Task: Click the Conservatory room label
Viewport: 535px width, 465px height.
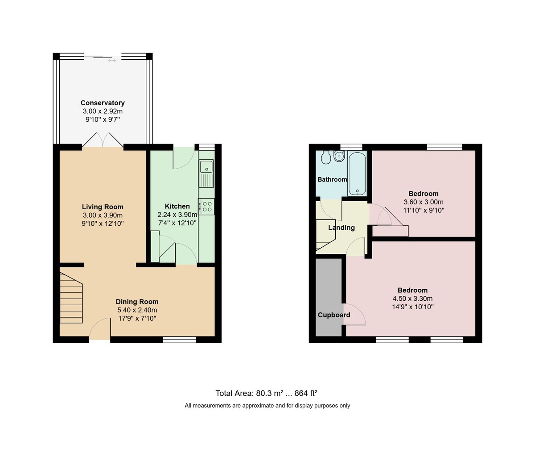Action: (103, 103)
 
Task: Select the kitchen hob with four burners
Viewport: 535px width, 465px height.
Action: (206, 206)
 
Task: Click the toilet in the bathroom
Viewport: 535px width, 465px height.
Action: (325, 157)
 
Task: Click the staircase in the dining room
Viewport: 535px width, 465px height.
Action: (71, 298)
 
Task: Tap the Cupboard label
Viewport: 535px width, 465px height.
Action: (334, 315)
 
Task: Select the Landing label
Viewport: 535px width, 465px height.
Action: (342, 228)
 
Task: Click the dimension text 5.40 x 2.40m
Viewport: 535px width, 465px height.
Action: (137, 310)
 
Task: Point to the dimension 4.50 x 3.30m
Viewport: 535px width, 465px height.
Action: (412, 299)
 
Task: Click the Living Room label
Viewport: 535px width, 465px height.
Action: (103, 207)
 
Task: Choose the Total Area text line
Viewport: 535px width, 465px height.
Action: (267, 393)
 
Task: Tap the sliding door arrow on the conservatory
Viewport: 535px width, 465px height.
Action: (112, 60)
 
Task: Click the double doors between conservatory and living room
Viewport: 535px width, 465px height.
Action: (103, 140)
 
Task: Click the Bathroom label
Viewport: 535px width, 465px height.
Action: (332, 179)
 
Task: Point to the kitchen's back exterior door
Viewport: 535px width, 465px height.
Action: (183, 158)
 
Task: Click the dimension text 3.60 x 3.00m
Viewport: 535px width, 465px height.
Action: (424, 202)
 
